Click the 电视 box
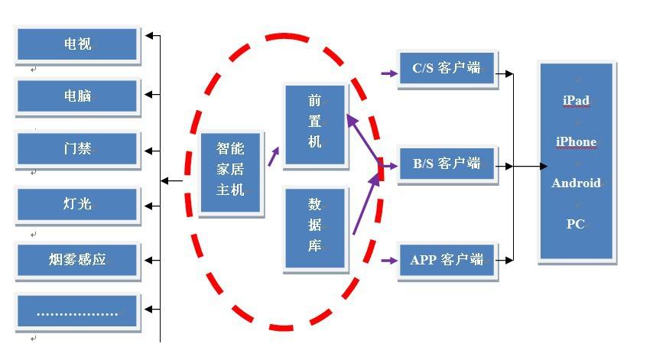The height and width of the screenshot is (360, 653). [x=77, y=44]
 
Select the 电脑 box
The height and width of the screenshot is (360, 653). [x=77, y=96]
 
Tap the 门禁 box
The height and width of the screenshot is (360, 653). [x=77, y=148]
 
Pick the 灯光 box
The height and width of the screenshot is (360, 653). [x=77, y=204]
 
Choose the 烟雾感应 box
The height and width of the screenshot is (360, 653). [x=77, y=260]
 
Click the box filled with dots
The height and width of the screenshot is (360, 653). [x=77, y=313]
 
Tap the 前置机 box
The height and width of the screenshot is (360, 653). [x=315, y=122]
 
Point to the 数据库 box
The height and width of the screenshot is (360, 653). [x=315, y=227]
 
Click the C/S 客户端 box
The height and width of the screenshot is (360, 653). [x=447, y=70]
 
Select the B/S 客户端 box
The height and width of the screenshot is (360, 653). [x=447, y=164]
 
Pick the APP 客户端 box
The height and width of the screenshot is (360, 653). [x=447, y=261]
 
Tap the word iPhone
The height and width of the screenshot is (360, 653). [x=576, y=141]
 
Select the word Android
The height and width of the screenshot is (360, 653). [x=576, y=183]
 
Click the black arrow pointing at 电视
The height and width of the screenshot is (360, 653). [x=152, y=35]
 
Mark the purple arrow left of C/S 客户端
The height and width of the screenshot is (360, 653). [x=389, y=74]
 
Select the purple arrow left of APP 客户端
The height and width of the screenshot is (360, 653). [x=389, y=261]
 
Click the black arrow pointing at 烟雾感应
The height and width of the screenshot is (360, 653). [x=152, y=260]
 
